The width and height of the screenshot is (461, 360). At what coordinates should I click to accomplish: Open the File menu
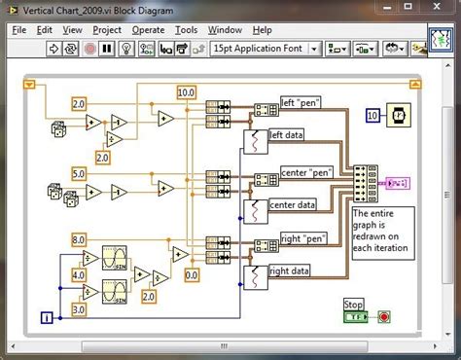point(19,30)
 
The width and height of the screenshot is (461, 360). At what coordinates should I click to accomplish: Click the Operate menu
point(148,30)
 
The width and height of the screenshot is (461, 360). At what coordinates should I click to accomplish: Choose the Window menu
point(225,30)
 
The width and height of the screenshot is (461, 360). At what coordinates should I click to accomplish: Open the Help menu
point(262,30)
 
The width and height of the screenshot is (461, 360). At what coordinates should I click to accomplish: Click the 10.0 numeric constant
point(186,92)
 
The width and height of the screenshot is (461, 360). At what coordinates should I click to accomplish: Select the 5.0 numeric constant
point(79,174)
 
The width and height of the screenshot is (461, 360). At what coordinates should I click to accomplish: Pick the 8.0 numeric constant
point(79,238)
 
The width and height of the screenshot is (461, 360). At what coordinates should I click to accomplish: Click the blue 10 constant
point(372,116)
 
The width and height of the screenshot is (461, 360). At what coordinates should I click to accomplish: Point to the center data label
point(293,204)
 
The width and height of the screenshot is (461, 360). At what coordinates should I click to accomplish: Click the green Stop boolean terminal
point(356,316)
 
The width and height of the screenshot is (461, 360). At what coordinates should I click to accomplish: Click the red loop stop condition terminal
point(383,316)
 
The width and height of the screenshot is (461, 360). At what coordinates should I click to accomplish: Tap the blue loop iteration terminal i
point(46,316)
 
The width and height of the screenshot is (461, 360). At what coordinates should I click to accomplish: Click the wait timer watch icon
point(400,115)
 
